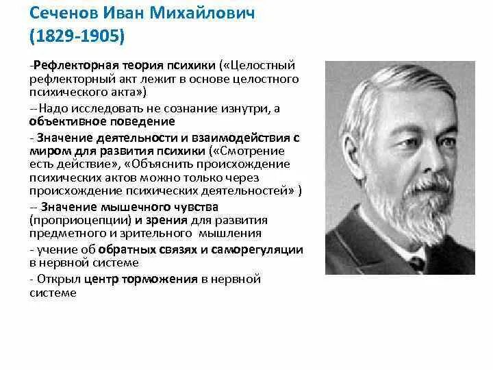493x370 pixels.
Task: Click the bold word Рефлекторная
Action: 66,66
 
